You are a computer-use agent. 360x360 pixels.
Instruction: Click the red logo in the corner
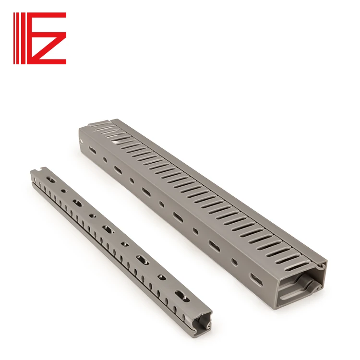40,38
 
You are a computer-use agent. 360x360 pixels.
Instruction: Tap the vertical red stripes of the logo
18,38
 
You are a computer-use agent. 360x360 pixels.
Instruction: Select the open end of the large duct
300,288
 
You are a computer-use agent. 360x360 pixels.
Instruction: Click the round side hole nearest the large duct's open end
234,262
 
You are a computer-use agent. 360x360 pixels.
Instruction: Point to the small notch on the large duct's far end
111,121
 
